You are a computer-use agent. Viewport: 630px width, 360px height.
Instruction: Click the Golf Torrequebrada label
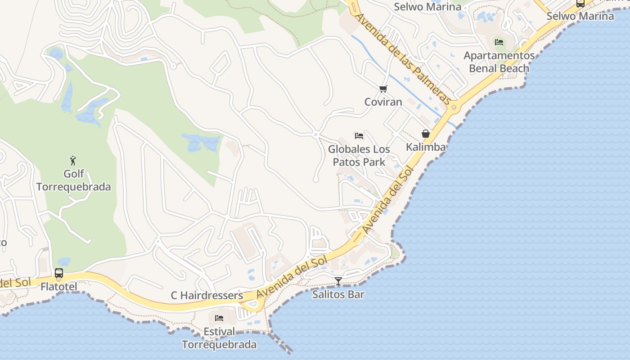click(73, 180)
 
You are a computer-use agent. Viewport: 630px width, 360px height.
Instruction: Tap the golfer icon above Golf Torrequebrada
click(73, 160)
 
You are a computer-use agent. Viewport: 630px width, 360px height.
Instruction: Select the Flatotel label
click(59, 287)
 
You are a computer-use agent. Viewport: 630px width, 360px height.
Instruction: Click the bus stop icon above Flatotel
click(59, 273)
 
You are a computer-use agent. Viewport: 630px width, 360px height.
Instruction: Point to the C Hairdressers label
click(207, 296)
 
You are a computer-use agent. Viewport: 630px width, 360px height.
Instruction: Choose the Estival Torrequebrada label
click(219, 338)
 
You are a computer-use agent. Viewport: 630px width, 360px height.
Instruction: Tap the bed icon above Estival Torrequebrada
click(219, 318)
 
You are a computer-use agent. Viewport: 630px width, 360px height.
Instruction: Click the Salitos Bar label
click(338, 295)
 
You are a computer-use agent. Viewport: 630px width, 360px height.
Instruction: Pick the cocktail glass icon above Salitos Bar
click(338, 281)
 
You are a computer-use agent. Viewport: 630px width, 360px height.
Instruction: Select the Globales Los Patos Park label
click(359, 155)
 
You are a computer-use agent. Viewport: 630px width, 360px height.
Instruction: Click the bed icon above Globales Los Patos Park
click(359, 135)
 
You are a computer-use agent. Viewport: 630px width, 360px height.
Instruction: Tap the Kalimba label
click(426, 147)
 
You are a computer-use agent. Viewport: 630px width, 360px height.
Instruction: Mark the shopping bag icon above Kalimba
click(426, 134)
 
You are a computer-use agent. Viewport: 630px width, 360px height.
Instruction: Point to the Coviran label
click(383, 102)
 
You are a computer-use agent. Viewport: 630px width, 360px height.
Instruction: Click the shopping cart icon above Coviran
click(383, 89)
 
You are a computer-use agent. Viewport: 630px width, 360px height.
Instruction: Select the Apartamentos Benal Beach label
click(499, 62)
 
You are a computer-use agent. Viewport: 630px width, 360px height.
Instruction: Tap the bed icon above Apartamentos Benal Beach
click(499, 42)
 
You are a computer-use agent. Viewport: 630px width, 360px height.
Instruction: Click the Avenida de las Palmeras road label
click(403, 58)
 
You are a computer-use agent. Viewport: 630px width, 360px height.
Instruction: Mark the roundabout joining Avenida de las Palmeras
click(454, 107)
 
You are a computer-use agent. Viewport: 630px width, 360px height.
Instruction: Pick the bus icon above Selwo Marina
click(580, 4)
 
